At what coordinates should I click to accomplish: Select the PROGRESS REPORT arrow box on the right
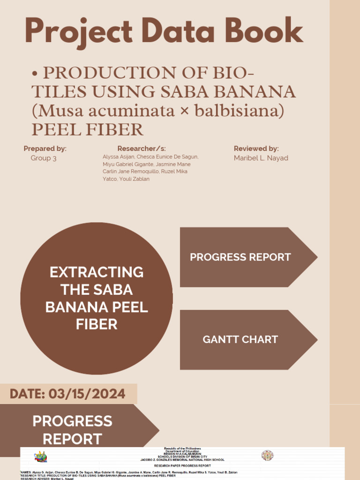(x=240, y=257)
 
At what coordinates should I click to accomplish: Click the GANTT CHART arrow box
(x=240, y=339)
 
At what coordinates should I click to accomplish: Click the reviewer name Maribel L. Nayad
(x=261, y=158)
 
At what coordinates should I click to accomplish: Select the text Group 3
(x=44, y=158)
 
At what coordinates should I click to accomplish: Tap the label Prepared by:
(x=45, y=149)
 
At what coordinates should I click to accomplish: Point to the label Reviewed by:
(x=256, y=149)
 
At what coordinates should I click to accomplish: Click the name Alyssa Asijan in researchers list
(x=118, y=157)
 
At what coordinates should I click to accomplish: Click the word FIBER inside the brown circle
(x=97, y=324)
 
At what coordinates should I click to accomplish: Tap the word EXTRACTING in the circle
(x=97, y=272)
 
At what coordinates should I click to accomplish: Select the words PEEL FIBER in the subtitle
(x=87, y=129)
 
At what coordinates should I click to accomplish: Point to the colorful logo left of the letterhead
(x=41, y=456)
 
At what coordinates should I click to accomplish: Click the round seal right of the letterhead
(x=267, y=456)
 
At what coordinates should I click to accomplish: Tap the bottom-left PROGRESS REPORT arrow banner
(x=73, y=429)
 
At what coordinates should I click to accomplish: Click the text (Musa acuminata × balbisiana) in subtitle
(x=158, y=111)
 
